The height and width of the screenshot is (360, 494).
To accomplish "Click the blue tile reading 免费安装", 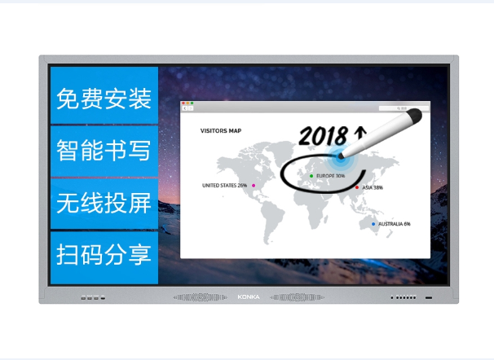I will (104, 99).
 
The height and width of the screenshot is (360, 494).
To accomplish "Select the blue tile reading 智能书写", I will (104, 151).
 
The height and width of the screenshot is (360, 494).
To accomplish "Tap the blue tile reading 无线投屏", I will (104, 204).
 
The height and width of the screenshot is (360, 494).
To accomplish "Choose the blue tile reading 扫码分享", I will (104, 255).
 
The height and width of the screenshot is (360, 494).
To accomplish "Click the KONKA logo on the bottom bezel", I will (247, 297).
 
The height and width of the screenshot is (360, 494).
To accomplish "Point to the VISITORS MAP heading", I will (221, 130).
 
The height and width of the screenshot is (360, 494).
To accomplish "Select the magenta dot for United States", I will (254, 186).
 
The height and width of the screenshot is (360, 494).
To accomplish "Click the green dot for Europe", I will (311, 175).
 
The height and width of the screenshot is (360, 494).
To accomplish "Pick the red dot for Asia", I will (356, 187).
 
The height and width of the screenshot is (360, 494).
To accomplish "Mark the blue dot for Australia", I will (373, 223).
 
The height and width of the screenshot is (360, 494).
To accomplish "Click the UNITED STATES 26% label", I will (225, 186).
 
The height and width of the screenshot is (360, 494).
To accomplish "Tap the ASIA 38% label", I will (372, 187).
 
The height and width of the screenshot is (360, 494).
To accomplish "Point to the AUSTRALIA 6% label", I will (395, 223).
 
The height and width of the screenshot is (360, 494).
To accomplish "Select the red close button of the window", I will (184, 103).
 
